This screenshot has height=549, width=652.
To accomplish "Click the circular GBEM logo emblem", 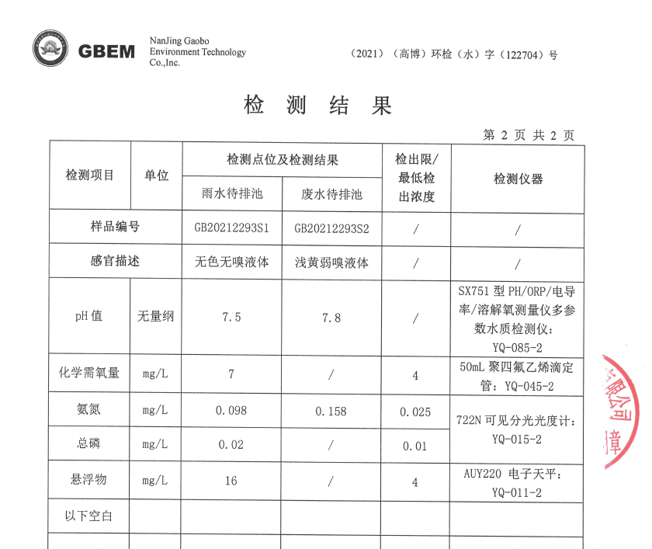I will (50, 50).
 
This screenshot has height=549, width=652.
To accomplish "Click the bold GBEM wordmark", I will (106, 51).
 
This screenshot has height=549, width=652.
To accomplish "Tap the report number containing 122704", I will (454, 55).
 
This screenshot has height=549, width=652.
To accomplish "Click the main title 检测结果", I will (318, 106).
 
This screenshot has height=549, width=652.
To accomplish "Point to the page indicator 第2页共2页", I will (529, 135).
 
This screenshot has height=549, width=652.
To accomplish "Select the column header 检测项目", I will (90, 175).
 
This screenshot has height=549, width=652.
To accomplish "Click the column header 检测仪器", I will (518, 179).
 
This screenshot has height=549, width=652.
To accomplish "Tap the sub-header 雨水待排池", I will (232, 194).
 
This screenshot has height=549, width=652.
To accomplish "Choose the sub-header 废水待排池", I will (331, 194).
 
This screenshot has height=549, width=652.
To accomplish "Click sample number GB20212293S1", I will (231, 228).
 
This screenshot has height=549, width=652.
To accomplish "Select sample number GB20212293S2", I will (331, 228).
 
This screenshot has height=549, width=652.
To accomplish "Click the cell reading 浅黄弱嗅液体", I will (331, 262).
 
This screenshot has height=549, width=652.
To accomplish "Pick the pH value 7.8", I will (331, 318).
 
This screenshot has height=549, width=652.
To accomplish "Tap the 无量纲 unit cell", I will (156, 317).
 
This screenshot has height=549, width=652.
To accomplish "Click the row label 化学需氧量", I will (90, 373).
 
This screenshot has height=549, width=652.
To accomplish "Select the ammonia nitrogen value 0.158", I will (331, 411).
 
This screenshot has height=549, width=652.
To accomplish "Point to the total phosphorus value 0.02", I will (231, 445).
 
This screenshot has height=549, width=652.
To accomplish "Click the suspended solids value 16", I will (231, 481).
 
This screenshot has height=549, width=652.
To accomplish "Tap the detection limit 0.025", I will (415, 411).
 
